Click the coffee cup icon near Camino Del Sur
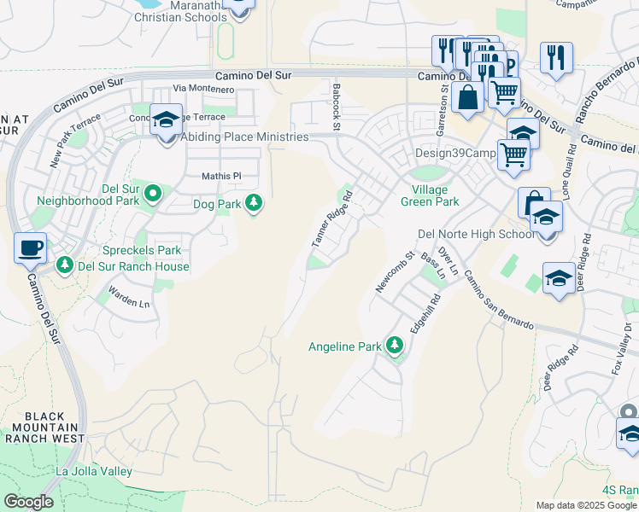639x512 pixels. coord(31,247)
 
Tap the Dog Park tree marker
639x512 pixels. coord(254,203)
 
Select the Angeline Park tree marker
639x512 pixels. coord(394,346)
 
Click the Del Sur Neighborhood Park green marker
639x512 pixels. coord(153,194)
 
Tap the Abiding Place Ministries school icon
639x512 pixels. coord(166,120)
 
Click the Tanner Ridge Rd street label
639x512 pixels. coord(331,224)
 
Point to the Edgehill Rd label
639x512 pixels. coord(424,313)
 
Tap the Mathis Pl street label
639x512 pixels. coord(222,177)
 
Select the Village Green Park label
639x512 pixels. coord(430,195)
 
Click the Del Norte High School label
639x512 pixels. coord(476,234)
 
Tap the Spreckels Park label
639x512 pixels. coord(142,250)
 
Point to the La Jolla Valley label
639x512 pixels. coord(94,471)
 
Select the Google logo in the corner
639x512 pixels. coord(28,502)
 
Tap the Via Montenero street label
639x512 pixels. coord(203,89)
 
